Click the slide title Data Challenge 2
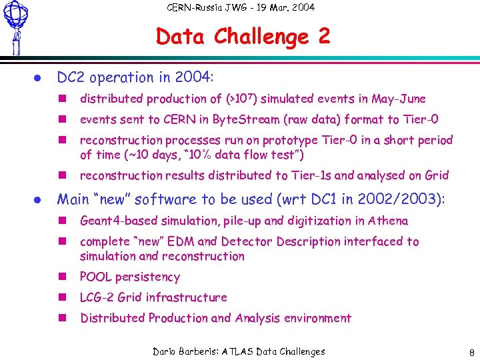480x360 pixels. coord(243,36)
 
